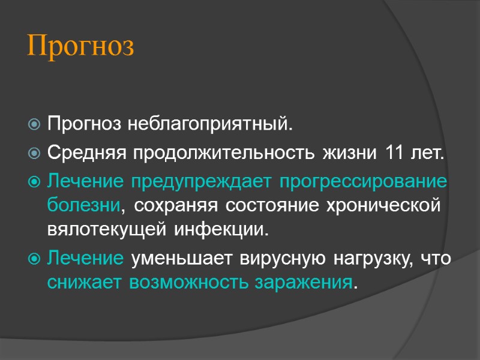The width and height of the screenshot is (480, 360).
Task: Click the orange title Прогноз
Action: pos(81,47)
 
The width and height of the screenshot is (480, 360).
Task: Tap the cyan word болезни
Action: pos(83,205)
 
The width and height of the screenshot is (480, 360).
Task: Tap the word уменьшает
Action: pos(182,258)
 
